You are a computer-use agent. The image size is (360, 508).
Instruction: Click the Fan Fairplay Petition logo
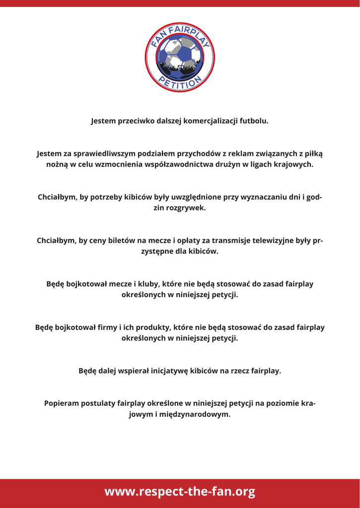180,57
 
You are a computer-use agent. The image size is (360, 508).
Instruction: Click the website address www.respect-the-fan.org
180,492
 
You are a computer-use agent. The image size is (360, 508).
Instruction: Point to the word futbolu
253,121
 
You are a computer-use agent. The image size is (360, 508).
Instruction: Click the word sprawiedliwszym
102,154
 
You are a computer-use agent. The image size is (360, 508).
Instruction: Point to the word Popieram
62,404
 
